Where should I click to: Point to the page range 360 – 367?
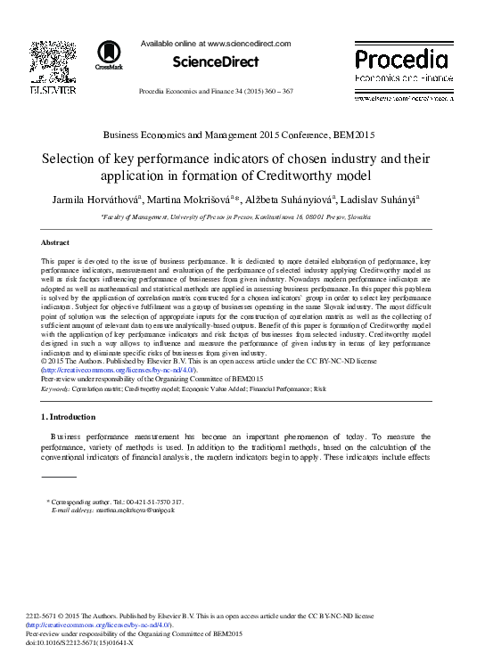pyautogui.click(x=307, y=93)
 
